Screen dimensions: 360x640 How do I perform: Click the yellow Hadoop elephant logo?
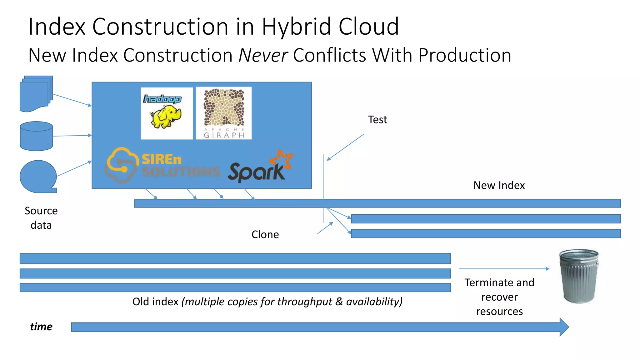167,113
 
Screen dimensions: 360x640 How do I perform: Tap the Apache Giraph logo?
224,113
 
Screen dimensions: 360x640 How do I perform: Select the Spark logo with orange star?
260,167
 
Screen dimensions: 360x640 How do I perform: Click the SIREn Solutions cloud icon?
122,165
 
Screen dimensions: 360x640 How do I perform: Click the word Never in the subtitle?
263,55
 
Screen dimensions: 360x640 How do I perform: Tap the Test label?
377,120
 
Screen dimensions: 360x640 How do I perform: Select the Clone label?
265,235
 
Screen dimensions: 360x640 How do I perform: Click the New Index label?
499,185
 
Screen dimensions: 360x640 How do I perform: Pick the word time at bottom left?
41,327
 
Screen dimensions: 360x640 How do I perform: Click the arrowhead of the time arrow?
564,327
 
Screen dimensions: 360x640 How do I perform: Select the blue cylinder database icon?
36,136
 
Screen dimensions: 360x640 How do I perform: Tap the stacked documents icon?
36,93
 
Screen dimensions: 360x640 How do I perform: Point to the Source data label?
41,218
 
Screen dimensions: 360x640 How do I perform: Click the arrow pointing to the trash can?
504,269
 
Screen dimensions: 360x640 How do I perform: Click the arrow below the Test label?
345,147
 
